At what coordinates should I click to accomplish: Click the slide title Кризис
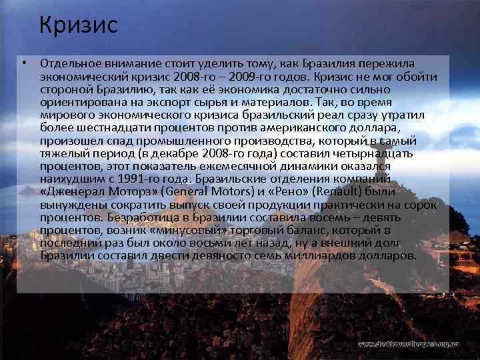78,25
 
